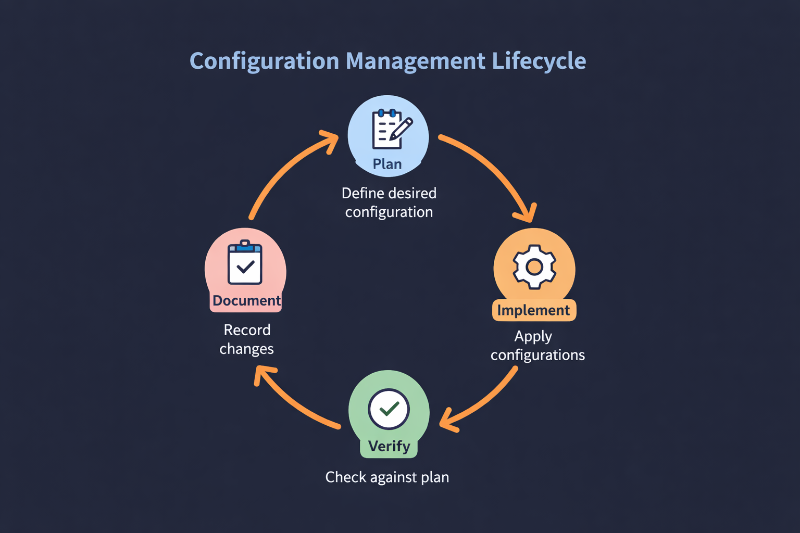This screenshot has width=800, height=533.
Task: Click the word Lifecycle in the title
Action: [x=539, y=61]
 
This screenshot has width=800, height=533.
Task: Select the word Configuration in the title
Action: [x=264, y=61]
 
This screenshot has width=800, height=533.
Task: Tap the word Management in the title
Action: [x=415, y=61]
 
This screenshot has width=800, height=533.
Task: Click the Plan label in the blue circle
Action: [x=387, y=164]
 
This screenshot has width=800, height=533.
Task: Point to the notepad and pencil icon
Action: [x=391, y=129]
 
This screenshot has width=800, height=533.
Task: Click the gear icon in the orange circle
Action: [x=534, y=267]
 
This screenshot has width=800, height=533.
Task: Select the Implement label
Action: [x=534, y=310]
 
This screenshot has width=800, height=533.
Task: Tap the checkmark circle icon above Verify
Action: [x=389, y=409]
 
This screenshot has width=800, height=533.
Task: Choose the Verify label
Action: [x=389, y=446]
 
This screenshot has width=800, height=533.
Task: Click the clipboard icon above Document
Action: [x=245, y=263]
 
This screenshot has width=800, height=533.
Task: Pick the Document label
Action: [x=246, y=301]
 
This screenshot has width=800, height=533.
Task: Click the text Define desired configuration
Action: [x=389, y=202]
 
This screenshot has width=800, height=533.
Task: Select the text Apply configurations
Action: [x=536, y=346]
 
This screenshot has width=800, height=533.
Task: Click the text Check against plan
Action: [x=387, y=477]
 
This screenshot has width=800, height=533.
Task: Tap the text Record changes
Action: [x=247, y=339]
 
